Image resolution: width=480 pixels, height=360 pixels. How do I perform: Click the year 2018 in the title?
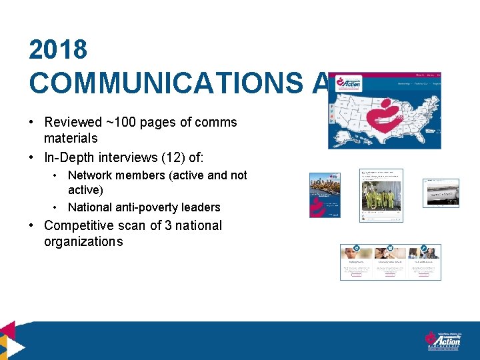pos(58,50)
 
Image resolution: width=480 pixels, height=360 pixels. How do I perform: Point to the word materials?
pos(71,138)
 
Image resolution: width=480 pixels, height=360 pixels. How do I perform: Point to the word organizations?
pos(83,242)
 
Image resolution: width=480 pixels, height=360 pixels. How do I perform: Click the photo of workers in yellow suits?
pos(381,199)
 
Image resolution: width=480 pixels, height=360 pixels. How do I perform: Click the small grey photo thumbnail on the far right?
pos(441,193)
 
